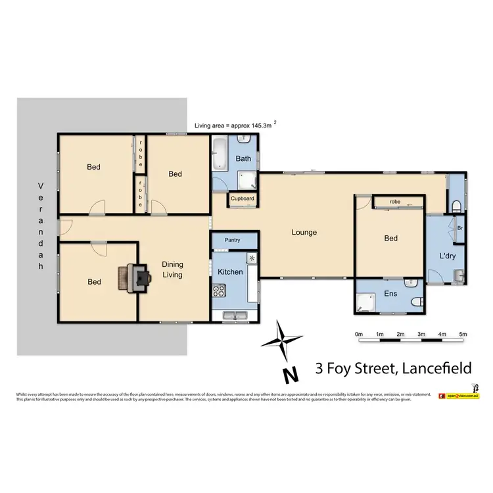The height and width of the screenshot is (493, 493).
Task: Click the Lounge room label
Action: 305,232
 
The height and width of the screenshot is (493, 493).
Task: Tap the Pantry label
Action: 233,241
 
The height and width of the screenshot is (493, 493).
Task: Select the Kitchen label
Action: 231,271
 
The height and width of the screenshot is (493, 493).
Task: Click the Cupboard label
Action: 241,198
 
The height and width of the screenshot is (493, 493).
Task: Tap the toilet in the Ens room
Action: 415,301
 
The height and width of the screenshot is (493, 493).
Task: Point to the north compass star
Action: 282,341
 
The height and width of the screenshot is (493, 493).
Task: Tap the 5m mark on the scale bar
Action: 463,335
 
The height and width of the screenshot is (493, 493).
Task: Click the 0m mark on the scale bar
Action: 359,335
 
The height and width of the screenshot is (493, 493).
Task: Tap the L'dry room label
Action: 440,255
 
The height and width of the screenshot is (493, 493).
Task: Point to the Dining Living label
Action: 172,270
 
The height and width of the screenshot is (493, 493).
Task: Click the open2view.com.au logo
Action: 463,396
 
